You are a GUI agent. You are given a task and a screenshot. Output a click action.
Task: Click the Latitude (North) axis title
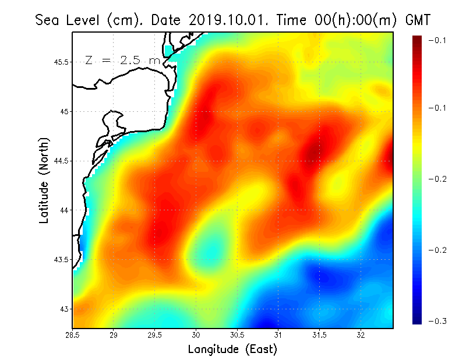coord(44,180)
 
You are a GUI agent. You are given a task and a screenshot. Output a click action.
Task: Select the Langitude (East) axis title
coord(232,350)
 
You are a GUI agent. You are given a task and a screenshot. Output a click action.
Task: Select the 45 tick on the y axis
coord(65,111)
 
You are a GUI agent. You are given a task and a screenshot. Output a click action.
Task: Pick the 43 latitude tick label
coord(65,309)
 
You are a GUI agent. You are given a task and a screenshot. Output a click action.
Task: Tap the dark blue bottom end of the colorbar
coord(418,319)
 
